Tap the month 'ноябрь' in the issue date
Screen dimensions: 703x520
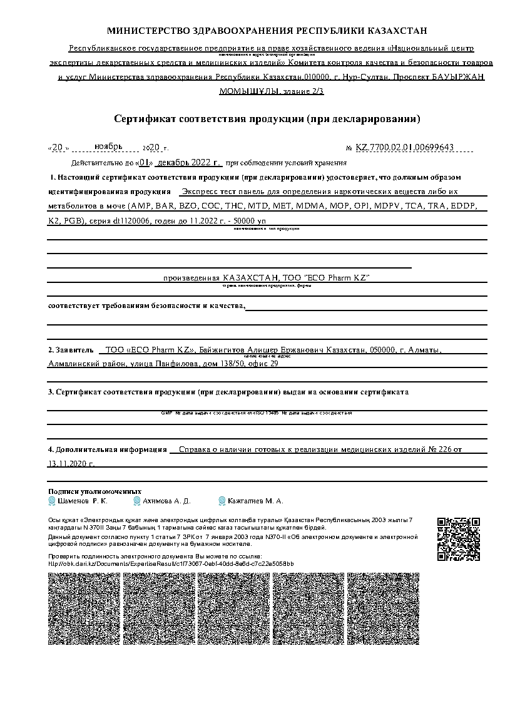pos(108,146)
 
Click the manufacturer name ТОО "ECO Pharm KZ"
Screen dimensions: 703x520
pos(328,277)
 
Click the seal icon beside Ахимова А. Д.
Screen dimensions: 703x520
pos(136,501)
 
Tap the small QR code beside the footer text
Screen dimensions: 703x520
pos(458,539)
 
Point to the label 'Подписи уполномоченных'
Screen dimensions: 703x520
pos(94,491)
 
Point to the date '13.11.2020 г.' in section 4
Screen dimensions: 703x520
pos(71,464)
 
